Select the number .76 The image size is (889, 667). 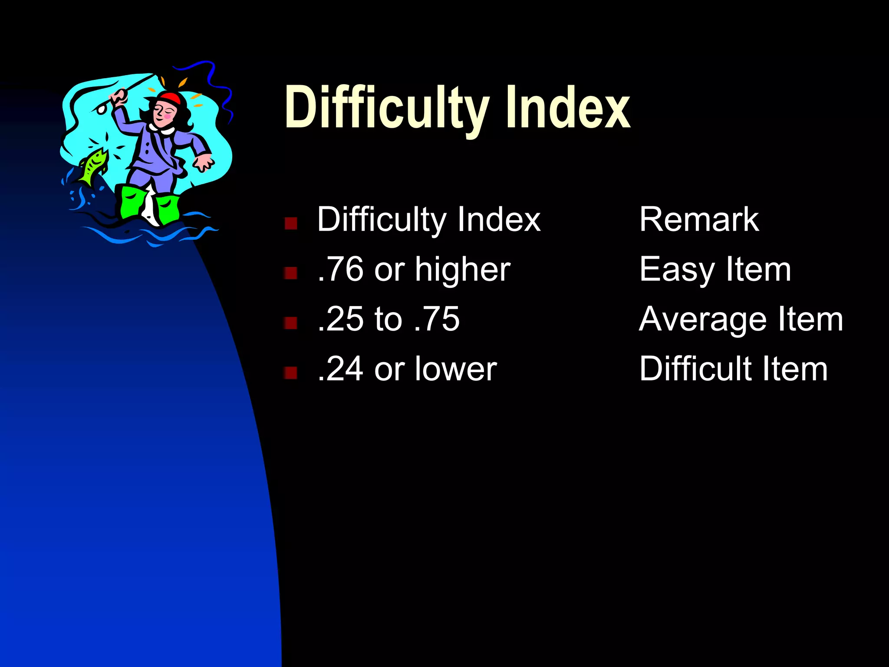341,269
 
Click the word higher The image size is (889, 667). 463,270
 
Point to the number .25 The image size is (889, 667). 341,319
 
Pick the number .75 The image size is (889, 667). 437,319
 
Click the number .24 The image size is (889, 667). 341,369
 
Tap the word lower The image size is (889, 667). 456,369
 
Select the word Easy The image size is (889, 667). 677,270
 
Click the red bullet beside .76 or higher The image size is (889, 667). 290,273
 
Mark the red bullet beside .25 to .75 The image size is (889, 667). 290,323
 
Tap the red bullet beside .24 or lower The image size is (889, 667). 290,373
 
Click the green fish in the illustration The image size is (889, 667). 93,165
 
